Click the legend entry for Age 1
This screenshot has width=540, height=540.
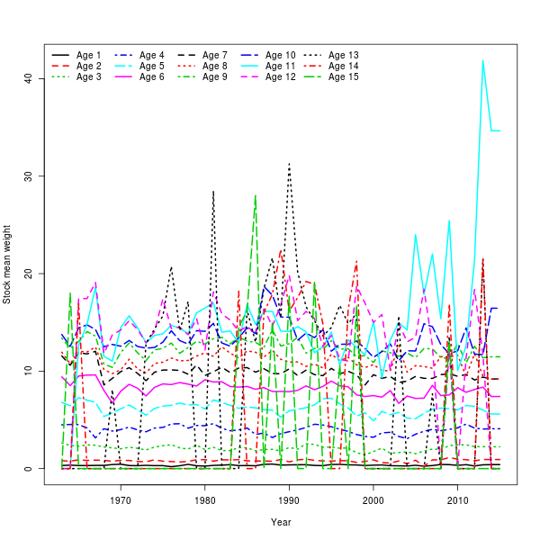(x=89, y=55)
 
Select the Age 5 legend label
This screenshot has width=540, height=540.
(x=152, y=66)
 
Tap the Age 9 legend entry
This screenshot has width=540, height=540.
(x=215, y=76)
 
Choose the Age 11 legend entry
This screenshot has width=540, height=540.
(x=280, y=66)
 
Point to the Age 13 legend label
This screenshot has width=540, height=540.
(x=344, y=55)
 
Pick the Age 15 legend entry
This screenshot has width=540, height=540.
(x=344, y=76)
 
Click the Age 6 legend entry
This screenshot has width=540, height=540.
(x=152, y=76)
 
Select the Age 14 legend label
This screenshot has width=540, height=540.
(x=344, y=66)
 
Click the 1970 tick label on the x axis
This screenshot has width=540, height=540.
(x=121, y=500)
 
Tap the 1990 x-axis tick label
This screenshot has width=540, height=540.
(x=289, y=500)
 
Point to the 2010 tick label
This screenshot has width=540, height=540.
(x=457, y=500)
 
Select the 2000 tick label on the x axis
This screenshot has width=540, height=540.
(x=373, y=500)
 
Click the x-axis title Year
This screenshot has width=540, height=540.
(x=281, y=522)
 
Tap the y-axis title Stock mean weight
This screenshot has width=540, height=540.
(x=7, y=265)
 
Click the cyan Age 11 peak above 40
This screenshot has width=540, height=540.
(x=482, y=61)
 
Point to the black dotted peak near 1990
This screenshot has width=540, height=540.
(x=289, y=164)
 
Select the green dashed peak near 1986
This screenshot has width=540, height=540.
(x=256, y=195)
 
